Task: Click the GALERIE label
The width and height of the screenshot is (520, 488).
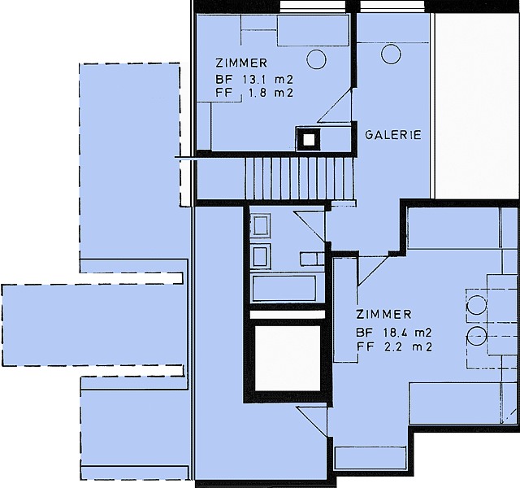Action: coord(393,135)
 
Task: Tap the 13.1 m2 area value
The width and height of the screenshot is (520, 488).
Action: coord(267,80)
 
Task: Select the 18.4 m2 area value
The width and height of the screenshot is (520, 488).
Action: coord(407,333)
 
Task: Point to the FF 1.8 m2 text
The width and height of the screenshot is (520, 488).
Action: coord(254,93)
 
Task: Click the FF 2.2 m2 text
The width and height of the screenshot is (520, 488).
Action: coord(394,347)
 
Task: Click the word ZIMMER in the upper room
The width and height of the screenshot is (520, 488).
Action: coord(241,63)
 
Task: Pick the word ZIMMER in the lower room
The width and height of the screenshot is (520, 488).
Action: coord(383,314)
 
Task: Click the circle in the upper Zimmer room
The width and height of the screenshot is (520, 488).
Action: coord(316,59)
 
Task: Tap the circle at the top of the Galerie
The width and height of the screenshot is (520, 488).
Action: coord(391,54)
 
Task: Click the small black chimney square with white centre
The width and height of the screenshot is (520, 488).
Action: coord(309,140)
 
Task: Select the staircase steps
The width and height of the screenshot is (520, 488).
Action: coord(298,179)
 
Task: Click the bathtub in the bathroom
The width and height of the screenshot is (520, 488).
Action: coord(284,288)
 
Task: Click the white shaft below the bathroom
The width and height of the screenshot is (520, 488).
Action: coord(287,358)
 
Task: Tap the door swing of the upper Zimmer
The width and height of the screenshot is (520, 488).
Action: coord(336,106)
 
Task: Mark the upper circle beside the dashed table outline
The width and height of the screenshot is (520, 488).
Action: coord(476,304)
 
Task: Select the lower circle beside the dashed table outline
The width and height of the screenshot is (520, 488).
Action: coord(477,336)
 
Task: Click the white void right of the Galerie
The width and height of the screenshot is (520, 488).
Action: coord(477,107)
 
